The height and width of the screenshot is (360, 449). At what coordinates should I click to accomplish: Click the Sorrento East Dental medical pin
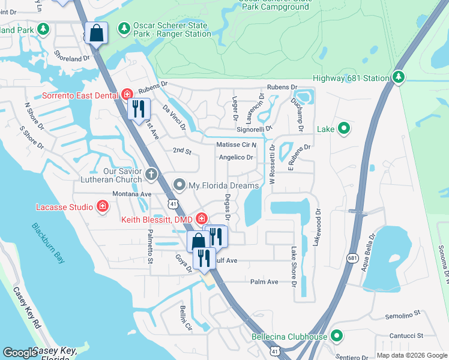(127, 94)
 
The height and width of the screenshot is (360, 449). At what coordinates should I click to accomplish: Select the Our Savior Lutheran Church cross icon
(151, 175)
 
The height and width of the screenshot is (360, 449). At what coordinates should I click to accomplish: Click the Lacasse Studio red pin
(103, 207)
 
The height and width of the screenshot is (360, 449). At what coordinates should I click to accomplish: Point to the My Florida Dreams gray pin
(179, 185)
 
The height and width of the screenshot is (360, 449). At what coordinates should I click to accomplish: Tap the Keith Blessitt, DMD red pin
(201, 219)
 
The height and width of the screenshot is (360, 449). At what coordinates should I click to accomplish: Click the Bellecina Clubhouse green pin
(337, 337)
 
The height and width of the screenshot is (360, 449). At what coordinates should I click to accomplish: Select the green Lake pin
(344, 128)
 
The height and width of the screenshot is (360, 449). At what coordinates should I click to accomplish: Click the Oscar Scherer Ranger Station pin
(124, 28)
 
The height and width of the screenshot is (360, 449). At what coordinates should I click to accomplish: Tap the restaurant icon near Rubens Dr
(138, 109)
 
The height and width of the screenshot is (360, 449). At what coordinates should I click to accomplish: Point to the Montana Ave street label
(131, 194)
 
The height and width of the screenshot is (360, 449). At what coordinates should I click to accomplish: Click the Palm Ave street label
(264, 281)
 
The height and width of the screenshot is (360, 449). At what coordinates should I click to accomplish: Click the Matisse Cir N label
(236, 145)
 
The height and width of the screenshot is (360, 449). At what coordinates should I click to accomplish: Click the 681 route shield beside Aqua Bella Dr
(352, 257)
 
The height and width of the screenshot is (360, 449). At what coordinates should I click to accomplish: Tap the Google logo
(20, 353)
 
